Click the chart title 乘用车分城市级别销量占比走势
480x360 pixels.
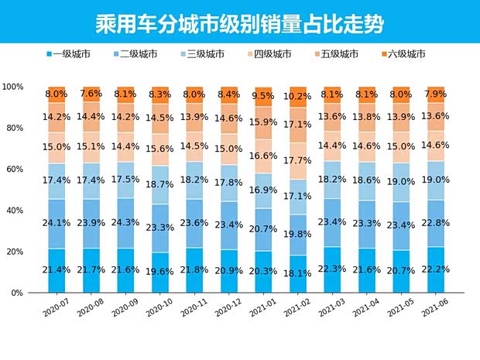[x=239, y=21]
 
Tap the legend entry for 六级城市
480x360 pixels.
[x=404, y=54]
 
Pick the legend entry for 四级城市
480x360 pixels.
[x=272, y=54]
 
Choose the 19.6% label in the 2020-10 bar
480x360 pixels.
[x=160, y=270]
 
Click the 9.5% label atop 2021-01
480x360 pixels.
[x=263, y=96]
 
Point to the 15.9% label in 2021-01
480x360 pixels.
[x=263, y=122]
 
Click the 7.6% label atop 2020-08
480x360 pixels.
[x=91, y=93]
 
